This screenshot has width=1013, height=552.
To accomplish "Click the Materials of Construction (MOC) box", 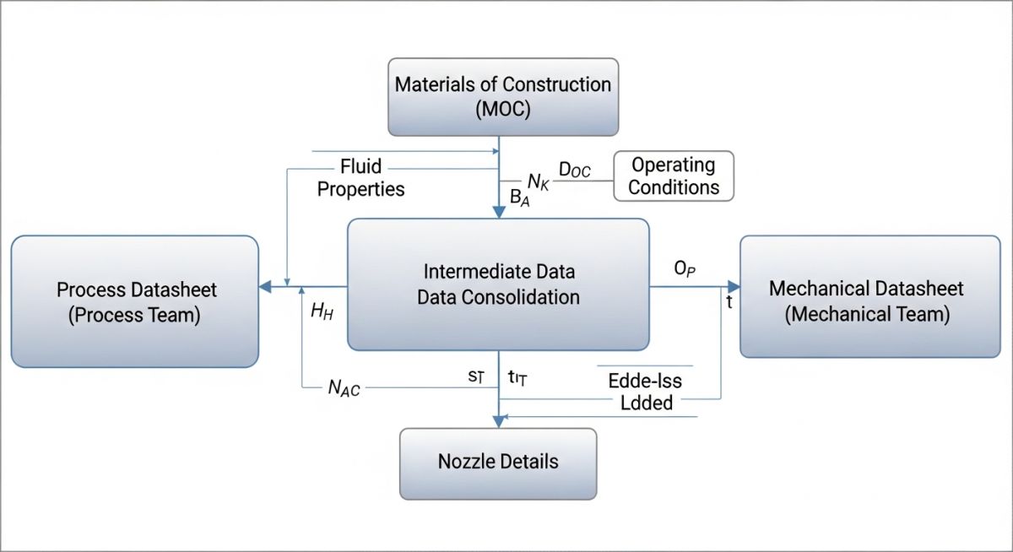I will coord(503,96).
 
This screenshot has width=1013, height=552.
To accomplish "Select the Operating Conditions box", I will coord(673,176).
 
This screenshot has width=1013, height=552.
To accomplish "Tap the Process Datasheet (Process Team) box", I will coord(135,301).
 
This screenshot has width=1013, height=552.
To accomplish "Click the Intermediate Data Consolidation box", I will coord(498,284).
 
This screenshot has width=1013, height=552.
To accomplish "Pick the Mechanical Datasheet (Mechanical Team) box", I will coord(869,301).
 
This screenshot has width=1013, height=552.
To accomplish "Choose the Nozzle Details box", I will coord(498,462).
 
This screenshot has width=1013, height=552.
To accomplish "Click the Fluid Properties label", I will coord(360,176).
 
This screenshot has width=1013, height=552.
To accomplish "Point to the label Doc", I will coord(575,171).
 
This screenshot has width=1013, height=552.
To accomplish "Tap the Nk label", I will coord(539,181).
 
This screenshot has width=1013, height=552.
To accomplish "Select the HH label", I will coord(322,311).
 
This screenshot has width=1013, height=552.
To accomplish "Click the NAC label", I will coord(344,389).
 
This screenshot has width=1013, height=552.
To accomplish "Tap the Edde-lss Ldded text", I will coord(645,392).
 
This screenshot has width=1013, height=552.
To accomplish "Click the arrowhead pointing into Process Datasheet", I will coord(264,288).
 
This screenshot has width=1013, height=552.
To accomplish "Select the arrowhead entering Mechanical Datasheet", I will coord(733,288).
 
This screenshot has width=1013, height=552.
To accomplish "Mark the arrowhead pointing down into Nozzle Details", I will coord(498,421).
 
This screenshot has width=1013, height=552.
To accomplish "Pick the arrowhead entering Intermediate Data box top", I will coord(498,212).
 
